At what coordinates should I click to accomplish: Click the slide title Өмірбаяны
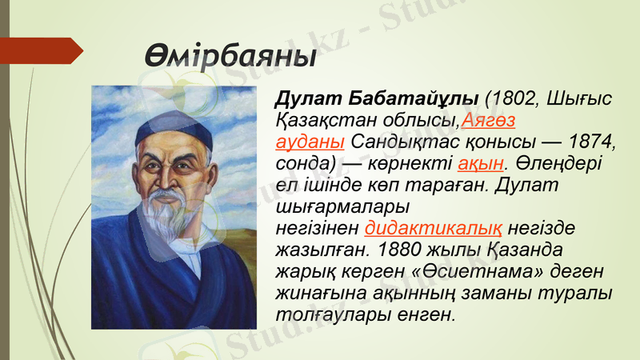click(230, 57)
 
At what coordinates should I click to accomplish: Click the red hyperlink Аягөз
click(488, 121)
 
